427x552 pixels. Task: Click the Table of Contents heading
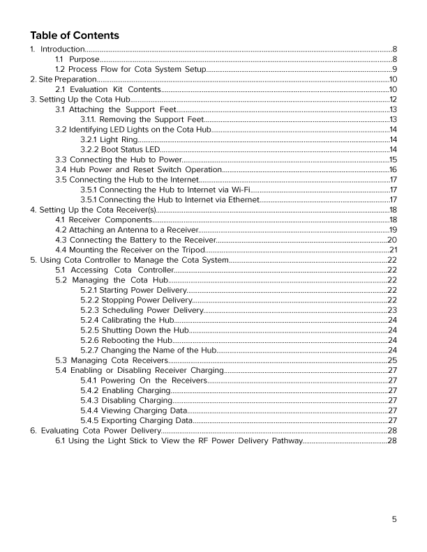[75, 36]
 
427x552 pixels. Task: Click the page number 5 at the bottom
[394, 519]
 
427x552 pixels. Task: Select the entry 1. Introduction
[57, 49]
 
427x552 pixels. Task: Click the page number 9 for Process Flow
[394, 70]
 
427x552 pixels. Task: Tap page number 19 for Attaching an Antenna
[393, 230]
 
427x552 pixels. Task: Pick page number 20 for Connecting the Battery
[392, 240]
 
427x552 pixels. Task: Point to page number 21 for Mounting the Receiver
[392, 250]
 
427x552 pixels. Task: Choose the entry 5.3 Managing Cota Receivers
[111, 360]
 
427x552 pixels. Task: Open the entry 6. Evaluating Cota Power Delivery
[87, 431]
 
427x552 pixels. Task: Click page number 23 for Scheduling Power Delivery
[392, 310]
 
